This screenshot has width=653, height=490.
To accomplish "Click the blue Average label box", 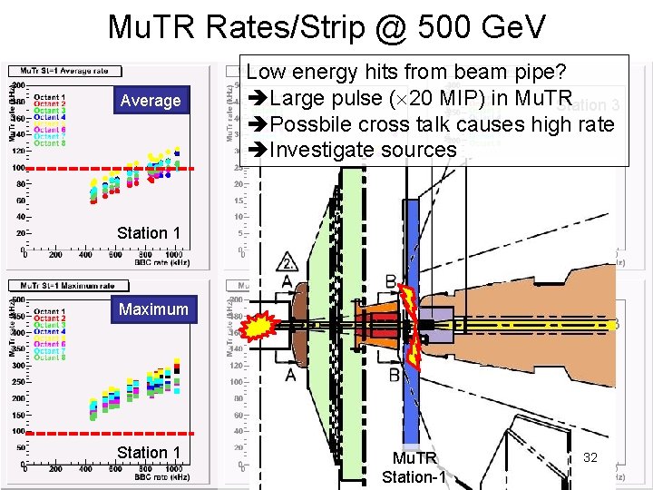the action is coord(151,101).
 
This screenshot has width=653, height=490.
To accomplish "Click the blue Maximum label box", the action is coord(152,309).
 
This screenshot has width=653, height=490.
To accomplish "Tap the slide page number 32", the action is coord(590,457).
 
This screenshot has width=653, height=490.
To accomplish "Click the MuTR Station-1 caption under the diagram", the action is coord(414,467).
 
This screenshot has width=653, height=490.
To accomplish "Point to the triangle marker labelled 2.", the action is coord(288,262).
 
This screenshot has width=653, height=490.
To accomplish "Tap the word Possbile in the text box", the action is coord(314,124).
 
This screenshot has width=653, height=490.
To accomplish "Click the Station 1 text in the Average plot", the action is coord(149,233).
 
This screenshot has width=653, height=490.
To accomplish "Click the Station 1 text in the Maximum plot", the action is coord(149,453).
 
